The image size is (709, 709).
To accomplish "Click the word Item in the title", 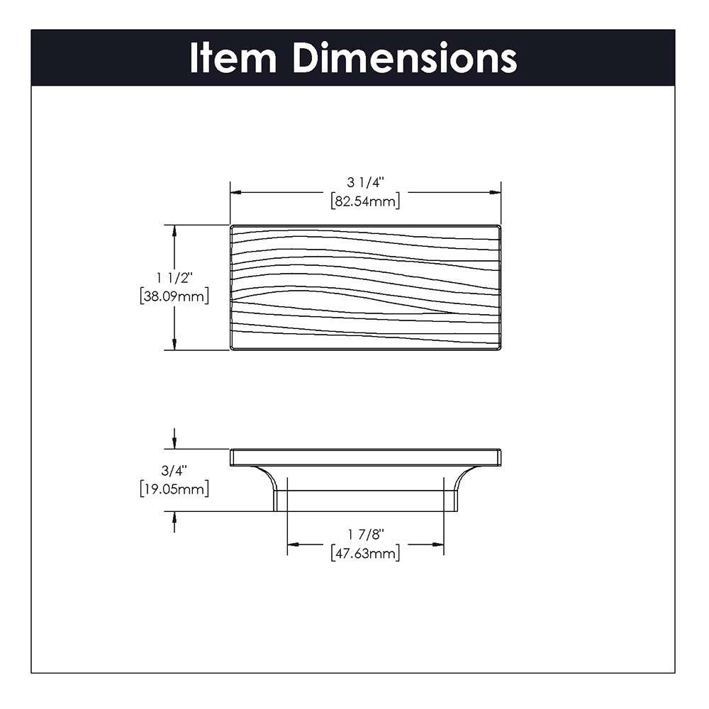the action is click(x=233, y=58).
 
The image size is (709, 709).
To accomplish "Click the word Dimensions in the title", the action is click(x=405, y=58).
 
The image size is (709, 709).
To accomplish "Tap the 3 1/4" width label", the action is click(x=365, y=182).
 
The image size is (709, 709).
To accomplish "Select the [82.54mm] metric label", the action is click(x=365, y=201).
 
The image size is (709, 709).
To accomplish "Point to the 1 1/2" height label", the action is click(x=174, y=278).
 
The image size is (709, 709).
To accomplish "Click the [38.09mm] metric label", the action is click(x=174, y=296).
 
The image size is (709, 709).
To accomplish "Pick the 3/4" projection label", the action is click(x=174, y=471).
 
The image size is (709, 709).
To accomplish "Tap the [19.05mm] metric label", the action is click(x=174, y=489).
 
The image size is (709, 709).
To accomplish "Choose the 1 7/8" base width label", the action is click(x=365, y=535).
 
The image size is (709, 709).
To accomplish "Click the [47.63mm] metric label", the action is click(x=365, y=553).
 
